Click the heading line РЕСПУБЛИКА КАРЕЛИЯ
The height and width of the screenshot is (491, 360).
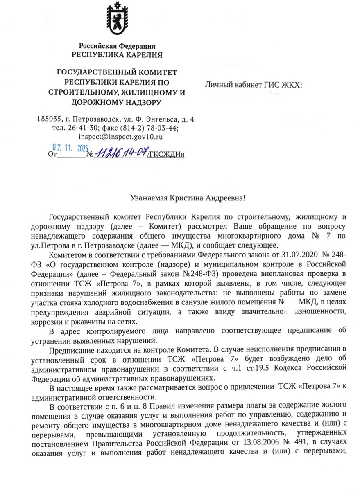(117, 55)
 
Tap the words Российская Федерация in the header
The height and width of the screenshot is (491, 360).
(117, 46)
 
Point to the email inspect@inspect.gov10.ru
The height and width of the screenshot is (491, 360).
(117, 137)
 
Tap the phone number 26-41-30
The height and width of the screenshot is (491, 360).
(79, 128)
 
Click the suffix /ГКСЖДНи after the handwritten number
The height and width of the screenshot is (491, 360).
(167, 154)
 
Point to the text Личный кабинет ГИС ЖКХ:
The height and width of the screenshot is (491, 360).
(254, 85)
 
